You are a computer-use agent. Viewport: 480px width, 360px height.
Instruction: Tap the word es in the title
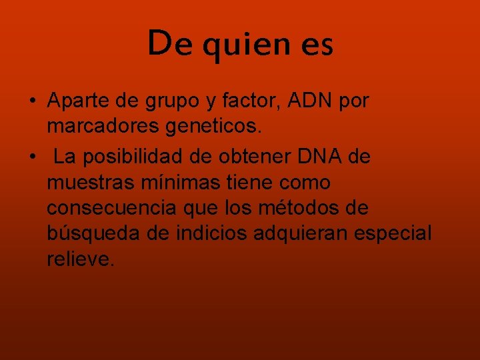(x=316, y=45)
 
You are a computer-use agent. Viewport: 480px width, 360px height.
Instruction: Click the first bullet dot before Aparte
(x=32, y=101)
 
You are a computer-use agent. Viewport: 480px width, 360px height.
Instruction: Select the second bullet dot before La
(x=32, y=158)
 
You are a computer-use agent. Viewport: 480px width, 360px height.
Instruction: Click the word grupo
(x=177, y=102)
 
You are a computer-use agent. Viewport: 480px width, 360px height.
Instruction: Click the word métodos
(x=297, y=208)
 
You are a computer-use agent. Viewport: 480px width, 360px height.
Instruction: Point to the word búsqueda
(x=88, y=233)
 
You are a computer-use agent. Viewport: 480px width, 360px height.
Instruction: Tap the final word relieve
(x=81, y=259)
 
